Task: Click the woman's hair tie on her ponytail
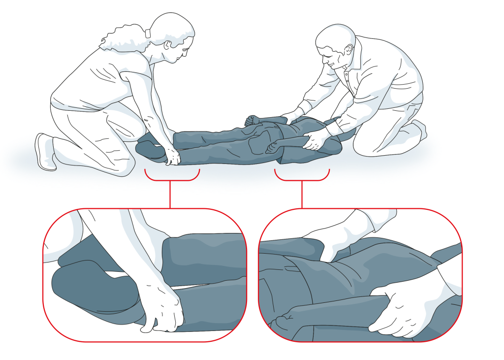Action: pyautogui.click(x=148, y=34)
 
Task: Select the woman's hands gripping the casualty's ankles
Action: pyautogui.click(x=173, y=156)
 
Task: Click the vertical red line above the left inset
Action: pyautogui.click(x=170, y=194)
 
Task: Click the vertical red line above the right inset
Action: pyautogui.click(x=302, y=194)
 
